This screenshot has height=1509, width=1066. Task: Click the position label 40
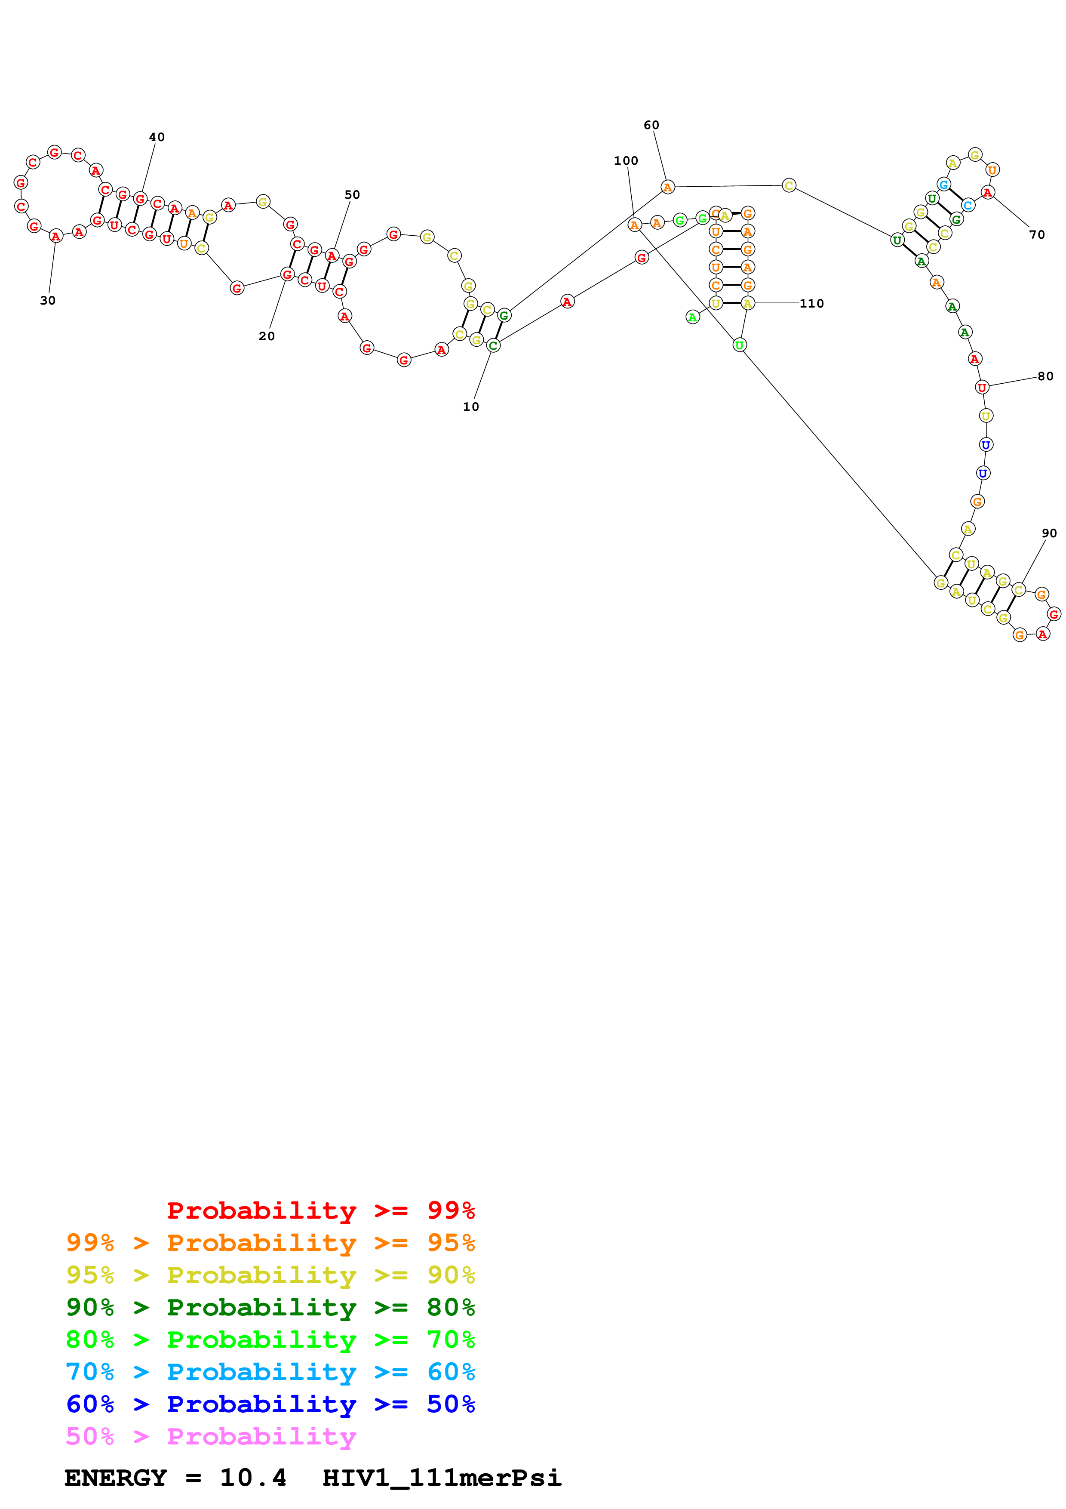point(157,137)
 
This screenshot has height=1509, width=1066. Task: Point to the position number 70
point(1036,234)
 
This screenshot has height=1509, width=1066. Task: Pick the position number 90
point(1049,534)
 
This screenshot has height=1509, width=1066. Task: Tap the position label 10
point(470,407)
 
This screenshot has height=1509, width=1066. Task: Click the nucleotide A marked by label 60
point(667,187)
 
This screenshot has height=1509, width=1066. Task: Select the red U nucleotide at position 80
point(981,387)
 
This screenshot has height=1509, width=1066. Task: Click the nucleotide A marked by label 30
point(56,236)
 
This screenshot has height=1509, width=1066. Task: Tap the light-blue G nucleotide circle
point(943,185)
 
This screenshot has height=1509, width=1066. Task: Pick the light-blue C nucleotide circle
point(968,205)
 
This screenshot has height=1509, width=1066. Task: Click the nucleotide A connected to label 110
point(747,303)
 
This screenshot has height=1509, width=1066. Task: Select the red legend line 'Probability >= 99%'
point(320,1210)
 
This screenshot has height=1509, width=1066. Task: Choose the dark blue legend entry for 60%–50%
point(270,1404)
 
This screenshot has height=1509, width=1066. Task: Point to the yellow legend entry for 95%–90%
point(270,1275)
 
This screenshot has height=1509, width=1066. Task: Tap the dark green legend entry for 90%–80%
point(270,1307)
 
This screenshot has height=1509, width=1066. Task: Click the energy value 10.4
point(253,1478)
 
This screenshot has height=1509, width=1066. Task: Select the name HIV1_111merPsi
point(442,1478)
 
